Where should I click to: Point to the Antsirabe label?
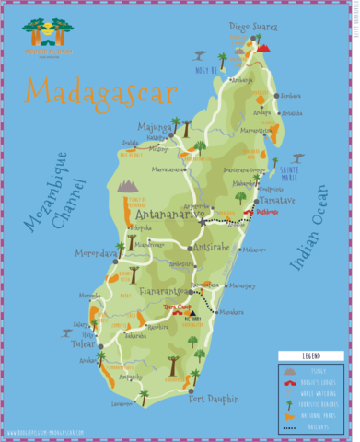point(214,247)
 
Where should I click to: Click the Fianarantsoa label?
point(168,292)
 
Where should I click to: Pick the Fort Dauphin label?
point(214,399)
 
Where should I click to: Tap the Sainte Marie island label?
point(292,172)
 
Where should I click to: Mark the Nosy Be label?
point(206,69)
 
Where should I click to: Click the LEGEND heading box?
point(311,355)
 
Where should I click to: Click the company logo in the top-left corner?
point(44,35)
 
